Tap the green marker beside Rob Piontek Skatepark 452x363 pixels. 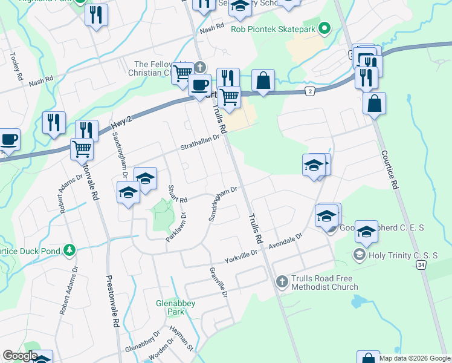[x=324, y=28]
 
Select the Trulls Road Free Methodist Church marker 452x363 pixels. [x=282, y=281]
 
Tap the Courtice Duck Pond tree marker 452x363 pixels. [x=70, y=249]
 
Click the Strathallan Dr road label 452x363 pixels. [x=200, y=143]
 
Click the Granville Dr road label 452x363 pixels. [x=219, y=283]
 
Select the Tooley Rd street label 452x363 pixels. [x=15, y=66]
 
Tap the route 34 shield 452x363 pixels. [x=421, y=265]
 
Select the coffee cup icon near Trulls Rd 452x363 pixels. [x=199, y=85]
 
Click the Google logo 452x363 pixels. [x=20, y=356]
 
